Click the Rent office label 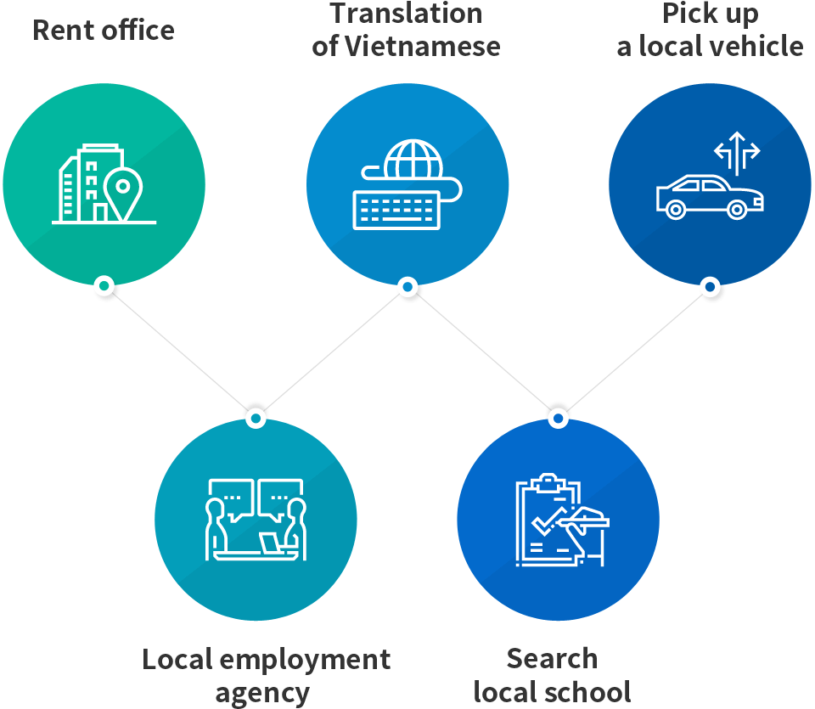pyautogui.click(x=103, y=31)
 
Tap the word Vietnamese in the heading pyautogui.click(x=421, y=46)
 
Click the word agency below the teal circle pyautogui.click(x=262, y=692)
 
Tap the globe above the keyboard pyautogui.click(x=413, y=160)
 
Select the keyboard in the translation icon pyautogui.click(x=396, y=209)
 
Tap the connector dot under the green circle pyautogui.click(x=104, y=285)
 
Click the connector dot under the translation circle pyautogui.click(x=407, y=287)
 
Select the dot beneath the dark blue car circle pyautogui.click(x=710, y=286)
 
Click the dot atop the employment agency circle pyautogui.click(x=256, y=419)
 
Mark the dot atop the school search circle pyautogui.click(x=558, y=419)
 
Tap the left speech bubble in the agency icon pyautogui.click(x=230, y=497)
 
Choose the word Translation pyautogui.click(x=407, y=14)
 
